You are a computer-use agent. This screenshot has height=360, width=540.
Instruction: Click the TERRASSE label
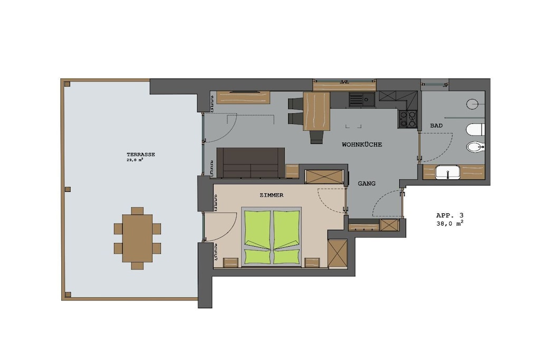tap(140, 154)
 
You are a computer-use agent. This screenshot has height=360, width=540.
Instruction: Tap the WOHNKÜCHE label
tap(362, 144)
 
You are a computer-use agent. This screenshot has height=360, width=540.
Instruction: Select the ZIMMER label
tap(272, 195)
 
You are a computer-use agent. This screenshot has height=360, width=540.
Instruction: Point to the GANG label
tap(367, 183)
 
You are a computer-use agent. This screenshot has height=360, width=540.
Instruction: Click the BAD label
tap(436, 125)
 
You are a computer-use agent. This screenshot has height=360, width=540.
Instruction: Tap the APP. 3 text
tap(450, 216)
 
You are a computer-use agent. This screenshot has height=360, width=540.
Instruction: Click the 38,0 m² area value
tap(450, 223)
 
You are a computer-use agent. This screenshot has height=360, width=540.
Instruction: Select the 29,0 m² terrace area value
tap(135, 160)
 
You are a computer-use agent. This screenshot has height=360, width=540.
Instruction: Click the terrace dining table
tap(138, 239)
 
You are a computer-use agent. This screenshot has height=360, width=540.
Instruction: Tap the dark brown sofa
tap(250, 163)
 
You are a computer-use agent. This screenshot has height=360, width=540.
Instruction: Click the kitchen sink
tap(362, 100)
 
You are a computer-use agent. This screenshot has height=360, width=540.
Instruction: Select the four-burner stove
tap(408, 118)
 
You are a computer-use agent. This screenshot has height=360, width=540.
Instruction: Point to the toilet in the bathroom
tap(475, 130)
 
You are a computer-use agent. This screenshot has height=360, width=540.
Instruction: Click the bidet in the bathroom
tap(476, 147)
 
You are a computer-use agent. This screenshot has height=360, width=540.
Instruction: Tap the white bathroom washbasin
tap(448, 172)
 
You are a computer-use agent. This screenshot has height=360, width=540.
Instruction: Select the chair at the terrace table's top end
tap(138, 211)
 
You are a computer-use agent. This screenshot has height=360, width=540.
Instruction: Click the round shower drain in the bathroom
tap(472, 104)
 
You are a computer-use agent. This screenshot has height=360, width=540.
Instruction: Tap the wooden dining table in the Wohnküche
tap(316, 111)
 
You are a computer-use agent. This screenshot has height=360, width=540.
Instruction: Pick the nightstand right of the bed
tap(312, 262)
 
